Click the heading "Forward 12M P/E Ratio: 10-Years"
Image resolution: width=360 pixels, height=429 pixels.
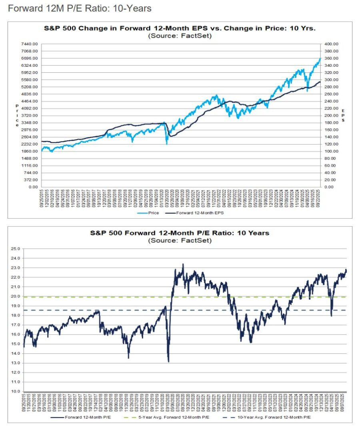[x=80, y=8]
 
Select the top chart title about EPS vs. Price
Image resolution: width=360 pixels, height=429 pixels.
[x=180, y=29]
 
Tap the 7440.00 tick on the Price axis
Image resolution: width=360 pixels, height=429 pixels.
[x=30, y=44]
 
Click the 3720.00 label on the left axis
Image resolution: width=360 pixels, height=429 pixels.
[x=30, y=116]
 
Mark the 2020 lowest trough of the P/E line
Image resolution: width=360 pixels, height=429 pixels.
[x=168, y=361]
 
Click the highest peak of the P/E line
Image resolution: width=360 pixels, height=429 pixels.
[x=183, y=264]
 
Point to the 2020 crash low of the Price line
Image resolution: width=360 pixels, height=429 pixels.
[x=166, y=143]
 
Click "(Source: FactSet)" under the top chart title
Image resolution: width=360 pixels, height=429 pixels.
[x=180, y=36]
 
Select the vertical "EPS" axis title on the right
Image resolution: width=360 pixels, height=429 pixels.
[x=343, y=116]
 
